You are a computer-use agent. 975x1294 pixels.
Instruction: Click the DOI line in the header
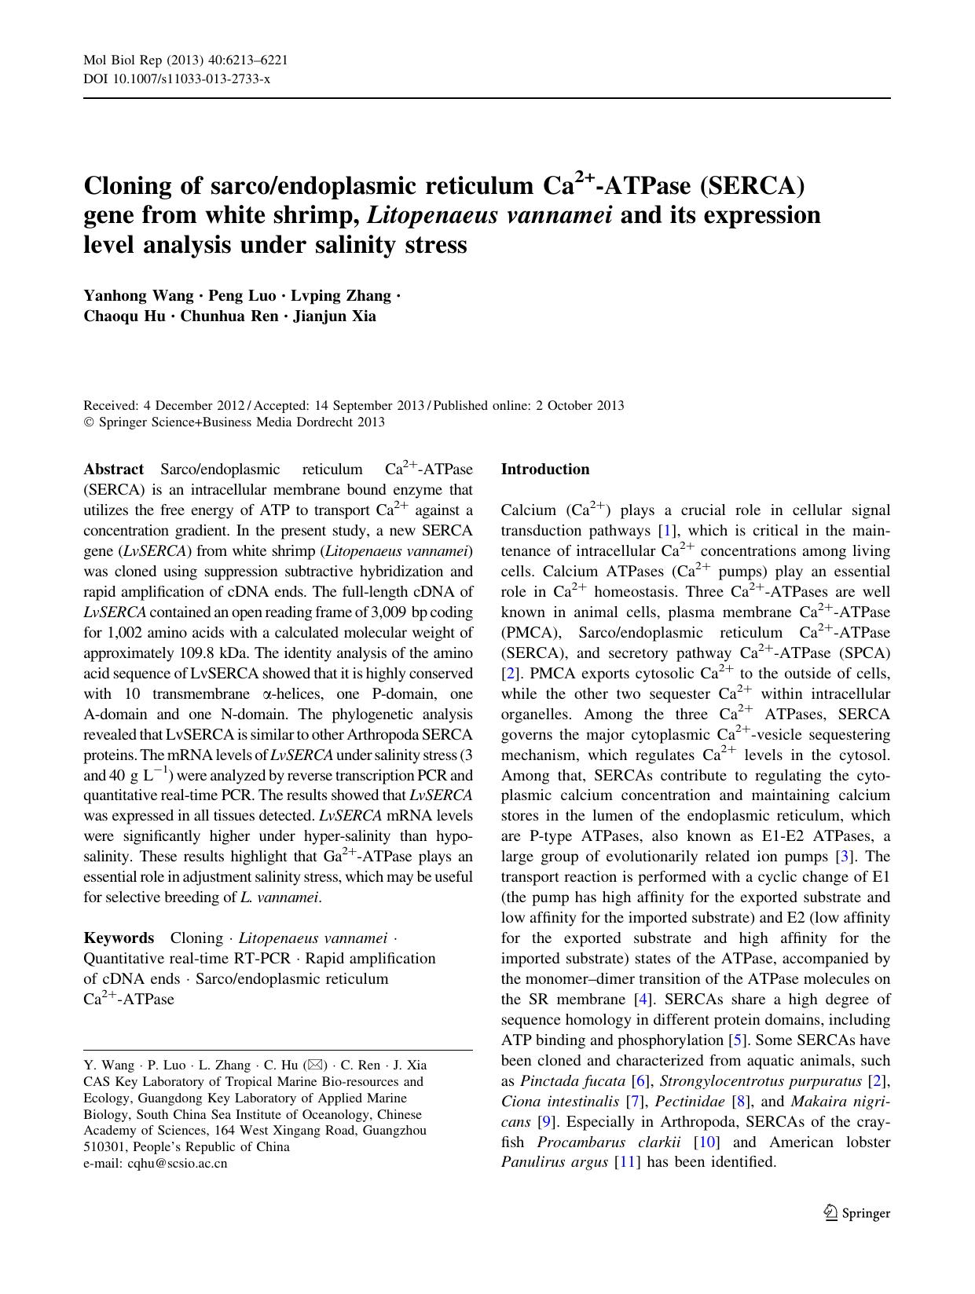[177, 79]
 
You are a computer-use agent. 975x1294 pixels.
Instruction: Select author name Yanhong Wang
[138, 296]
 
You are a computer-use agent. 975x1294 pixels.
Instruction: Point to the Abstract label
[113, 470]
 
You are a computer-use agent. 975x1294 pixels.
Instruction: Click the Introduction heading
[545, 470]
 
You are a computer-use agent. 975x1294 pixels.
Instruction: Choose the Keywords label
[119, 938]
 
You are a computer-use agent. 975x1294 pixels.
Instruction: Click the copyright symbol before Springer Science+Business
[88, 422]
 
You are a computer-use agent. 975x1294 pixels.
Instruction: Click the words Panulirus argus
[553, 1163]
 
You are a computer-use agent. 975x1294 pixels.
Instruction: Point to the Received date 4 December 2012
[192, 406]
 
